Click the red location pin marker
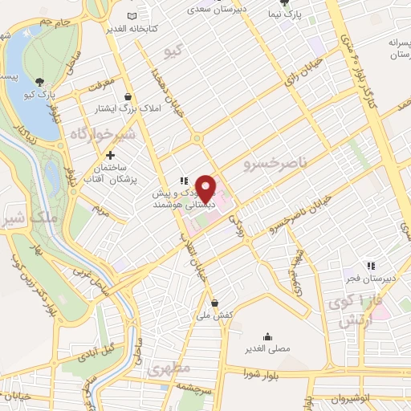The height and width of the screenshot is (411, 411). click(206, 188)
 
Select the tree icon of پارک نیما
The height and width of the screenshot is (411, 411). click(304, 4)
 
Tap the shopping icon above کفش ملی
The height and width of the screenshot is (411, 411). click(215, 303)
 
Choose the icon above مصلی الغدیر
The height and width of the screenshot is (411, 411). click(267, 337)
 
